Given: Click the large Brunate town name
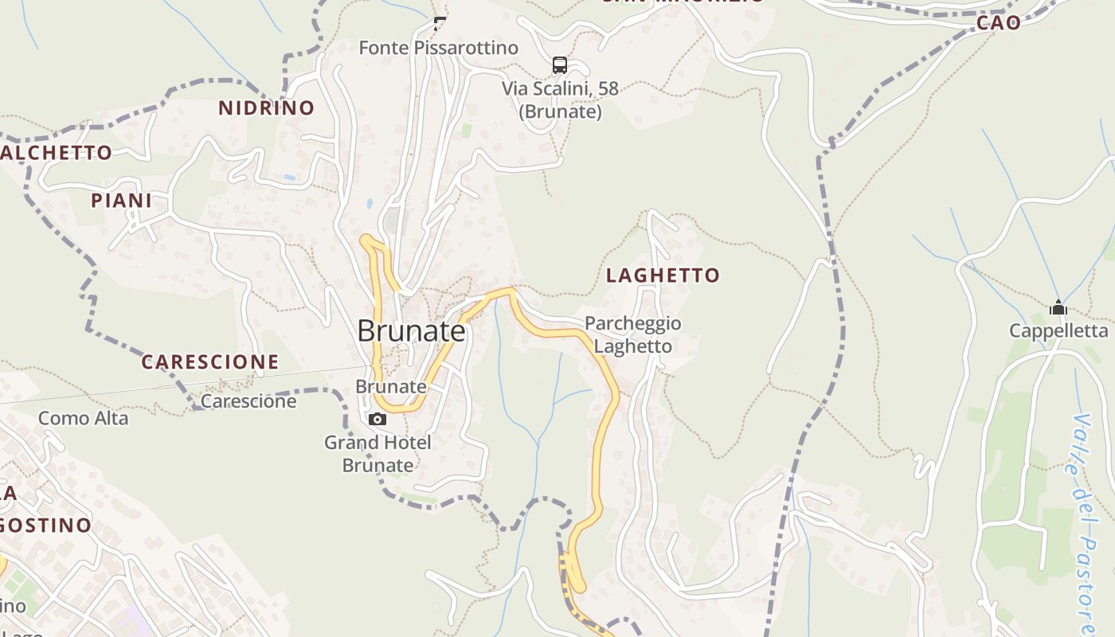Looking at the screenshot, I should point(411,330).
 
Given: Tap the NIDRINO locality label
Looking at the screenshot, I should point(267,108).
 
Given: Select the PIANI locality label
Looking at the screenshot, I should point(121,201).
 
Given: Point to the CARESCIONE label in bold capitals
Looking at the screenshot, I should point(210,362).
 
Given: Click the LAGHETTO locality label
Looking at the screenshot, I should point(663,276).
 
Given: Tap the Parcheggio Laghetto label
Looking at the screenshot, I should point(633,335).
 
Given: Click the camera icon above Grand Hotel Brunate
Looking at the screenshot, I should point(378,419).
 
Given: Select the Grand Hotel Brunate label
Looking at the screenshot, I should point(378,454).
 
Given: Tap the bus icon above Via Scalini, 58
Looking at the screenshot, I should point(560,65).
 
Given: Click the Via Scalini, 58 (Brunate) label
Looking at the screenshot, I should point(560,100).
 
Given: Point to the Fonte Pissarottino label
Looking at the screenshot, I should point(438,48).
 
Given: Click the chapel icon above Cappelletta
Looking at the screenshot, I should point(1058,307).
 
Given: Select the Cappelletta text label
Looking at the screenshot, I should point(1058,330).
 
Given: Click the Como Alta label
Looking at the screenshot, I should point(83,418).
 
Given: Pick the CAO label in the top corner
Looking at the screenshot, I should point(999,23).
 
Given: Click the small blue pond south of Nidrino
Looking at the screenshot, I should point(370,204).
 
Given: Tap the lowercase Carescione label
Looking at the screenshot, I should point(248,401).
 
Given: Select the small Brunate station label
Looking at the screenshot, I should point(390,386).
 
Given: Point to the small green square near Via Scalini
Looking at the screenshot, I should point(467,129).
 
